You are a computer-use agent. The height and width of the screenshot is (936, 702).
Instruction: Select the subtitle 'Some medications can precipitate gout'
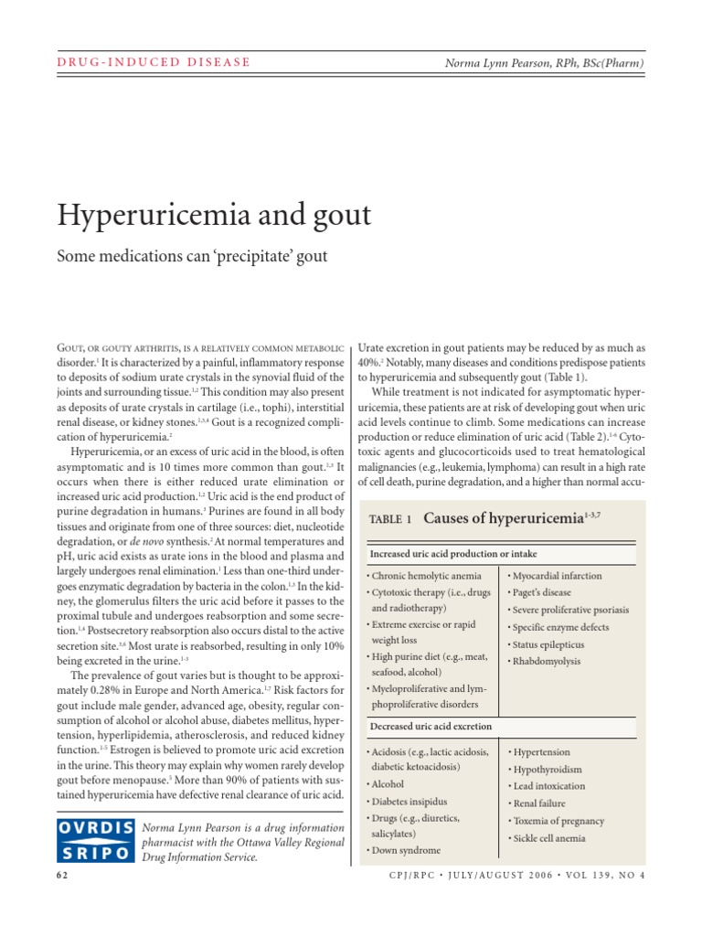[192, 256]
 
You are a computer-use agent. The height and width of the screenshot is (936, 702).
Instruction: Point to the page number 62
[63, 875]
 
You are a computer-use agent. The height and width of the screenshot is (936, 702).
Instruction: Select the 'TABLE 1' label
[391, 519]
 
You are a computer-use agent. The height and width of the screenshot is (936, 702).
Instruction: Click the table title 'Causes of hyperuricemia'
[516, 518]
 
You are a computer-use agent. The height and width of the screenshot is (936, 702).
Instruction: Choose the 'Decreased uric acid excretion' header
[431, 726]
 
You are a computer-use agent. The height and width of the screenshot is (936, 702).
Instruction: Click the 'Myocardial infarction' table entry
[557, 576]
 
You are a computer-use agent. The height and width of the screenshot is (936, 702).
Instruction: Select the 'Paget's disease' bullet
[543, 592]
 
